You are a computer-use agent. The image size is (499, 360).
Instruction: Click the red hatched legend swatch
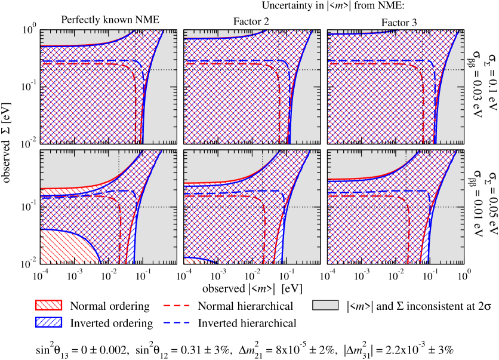tap(48, 305)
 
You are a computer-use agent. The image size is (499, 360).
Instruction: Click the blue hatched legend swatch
tap(48, 322)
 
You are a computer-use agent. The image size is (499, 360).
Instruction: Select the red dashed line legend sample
tap(177, 305)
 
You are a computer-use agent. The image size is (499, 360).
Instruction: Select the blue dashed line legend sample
tap(177, 322)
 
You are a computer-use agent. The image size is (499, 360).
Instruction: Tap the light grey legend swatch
tap(325, 305)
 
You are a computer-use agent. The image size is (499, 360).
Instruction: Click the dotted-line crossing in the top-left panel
tap(135, 69)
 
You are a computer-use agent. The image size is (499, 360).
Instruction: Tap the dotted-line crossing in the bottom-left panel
tap(119, 207)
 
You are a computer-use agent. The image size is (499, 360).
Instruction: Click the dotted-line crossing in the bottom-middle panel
tap(263, 207)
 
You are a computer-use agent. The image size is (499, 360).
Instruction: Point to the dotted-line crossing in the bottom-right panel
tap(406, 207)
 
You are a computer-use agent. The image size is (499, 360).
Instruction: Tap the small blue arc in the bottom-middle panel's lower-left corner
tap(203, 259)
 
